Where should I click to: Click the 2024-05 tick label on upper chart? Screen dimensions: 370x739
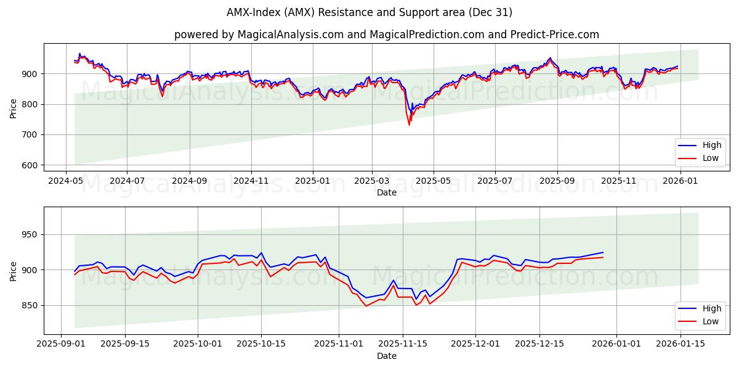click(66, 181)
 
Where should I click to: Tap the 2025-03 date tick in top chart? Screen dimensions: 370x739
click(371, 181)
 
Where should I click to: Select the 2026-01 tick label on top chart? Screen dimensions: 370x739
click(680, 181)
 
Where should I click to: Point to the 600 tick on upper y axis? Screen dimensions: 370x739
click(32, 165)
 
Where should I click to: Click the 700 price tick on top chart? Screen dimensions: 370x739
click(32, 135)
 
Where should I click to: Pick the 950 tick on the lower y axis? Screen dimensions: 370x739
click(32, 235)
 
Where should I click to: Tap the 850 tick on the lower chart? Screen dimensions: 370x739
click(32, 306)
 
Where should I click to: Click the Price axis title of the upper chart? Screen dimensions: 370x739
click(14, 108)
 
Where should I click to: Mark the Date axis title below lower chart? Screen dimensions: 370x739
click(387, 356)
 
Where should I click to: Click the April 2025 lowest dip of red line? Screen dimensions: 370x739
click(409, 125)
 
